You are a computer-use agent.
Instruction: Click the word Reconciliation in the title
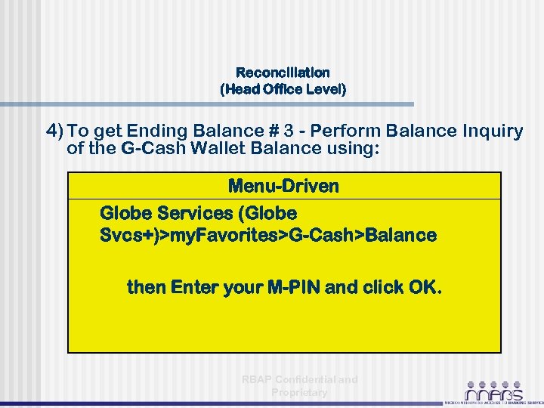pos(283,73)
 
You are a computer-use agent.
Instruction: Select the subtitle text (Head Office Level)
pos(283,89)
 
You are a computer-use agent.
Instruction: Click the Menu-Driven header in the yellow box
pos(283,185)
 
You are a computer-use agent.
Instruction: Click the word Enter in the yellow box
pos(193,287)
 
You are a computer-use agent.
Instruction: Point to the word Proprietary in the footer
pos(299,392)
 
